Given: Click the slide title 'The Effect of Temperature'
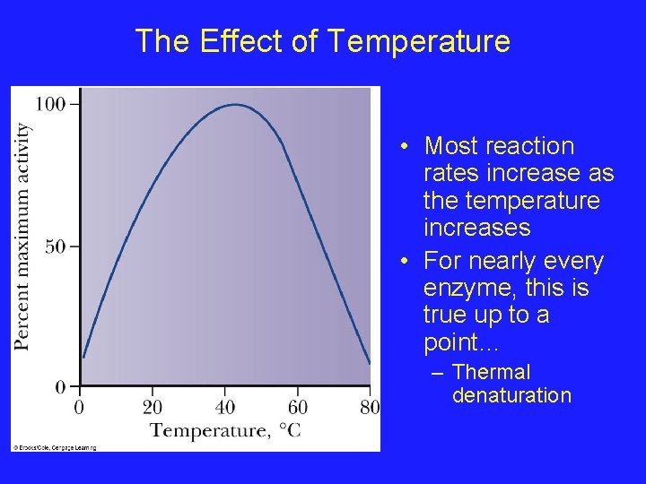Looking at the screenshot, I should (x=322, y=41).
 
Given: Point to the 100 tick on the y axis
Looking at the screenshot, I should (x=51, y=104).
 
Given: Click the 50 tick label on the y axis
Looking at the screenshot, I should (x=56, y=246).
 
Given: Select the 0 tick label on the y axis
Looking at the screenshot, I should (x=61, y=387).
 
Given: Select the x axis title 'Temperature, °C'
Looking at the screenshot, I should (x=225, y=431).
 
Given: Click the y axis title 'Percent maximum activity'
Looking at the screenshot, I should (x=22, y=236).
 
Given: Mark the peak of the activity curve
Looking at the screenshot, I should (x=235, y=105).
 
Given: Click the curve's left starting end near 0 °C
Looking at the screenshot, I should (x=83, y=358).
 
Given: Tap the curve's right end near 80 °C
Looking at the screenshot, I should (x=369, y=363).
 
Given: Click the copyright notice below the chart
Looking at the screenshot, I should (x=53, y=446).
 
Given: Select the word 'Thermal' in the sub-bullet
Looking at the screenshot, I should (x=491, y=372).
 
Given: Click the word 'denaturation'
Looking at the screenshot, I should (x=511, y=395).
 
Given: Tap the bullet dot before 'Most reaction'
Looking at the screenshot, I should (x=406, y=146).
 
